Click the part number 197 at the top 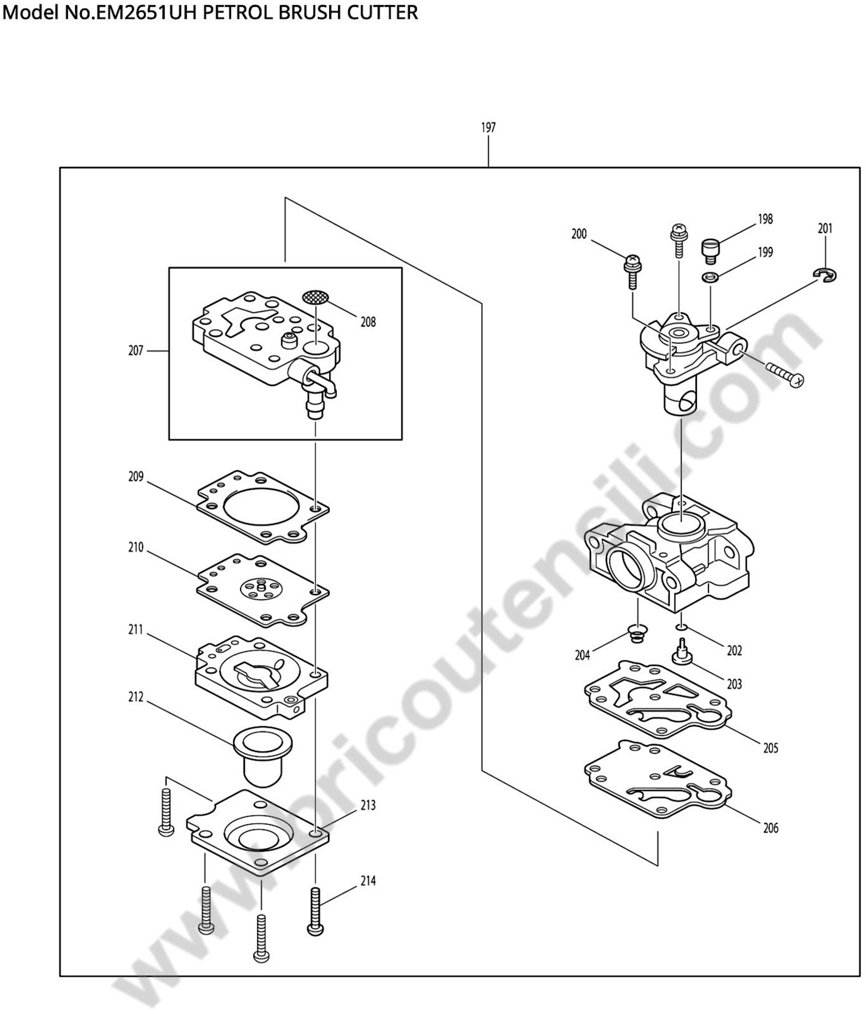coord(488,128)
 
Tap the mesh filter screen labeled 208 coord(316,297)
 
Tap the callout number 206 coord(770,828)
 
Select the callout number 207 coord(136,351)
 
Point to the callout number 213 coord(368,805)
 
